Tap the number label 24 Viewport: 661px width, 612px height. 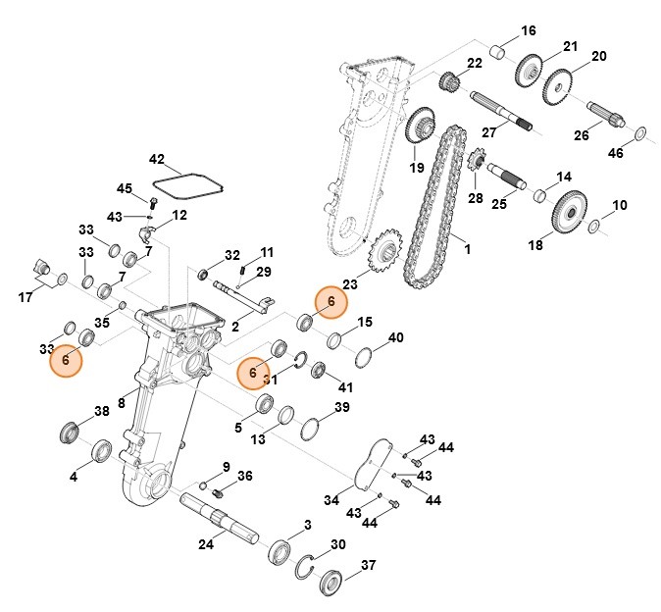click(x=206, y=544)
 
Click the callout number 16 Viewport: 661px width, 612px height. click(x=529, y=30)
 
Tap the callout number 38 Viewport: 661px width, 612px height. click(x=101, y=411)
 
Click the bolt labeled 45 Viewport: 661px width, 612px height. click(x=154, y=206)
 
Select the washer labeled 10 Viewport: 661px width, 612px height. click(x=594, y=228)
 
